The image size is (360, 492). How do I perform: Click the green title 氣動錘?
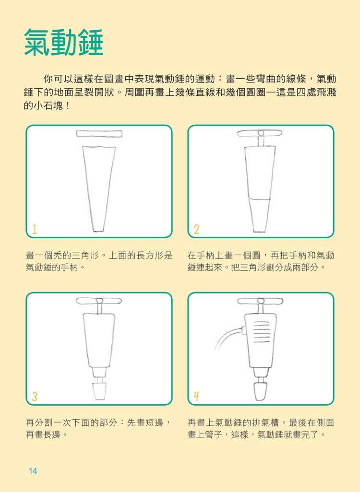click(63, 43)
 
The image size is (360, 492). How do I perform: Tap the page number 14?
click(33, 471)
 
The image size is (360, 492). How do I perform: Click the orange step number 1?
click(35, 229)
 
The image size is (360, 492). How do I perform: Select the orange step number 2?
click(196, 229)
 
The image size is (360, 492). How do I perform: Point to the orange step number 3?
click(35, 397)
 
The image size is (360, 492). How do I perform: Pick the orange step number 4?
click(196, 397)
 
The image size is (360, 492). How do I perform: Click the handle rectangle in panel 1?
click(99, 134)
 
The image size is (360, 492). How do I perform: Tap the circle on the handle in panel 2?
click(261, 133)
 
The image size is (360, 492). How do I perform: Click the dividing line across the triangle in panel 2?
click(259, 199)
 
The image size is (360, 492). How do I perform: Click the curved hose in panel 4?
click(228, 337)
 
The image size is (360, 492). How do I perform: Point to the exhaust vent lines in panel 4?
click(262, 332)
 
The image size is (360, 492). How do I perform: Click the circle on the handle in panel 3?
click(99, 301)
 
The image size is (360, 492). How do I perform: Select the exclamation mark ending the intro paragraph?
click(68, 105)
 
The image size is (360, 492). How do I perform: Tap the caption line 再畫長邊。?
click(46, 434)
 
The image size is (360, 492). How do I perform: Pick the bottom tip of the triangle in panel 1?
click(98, 231)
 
